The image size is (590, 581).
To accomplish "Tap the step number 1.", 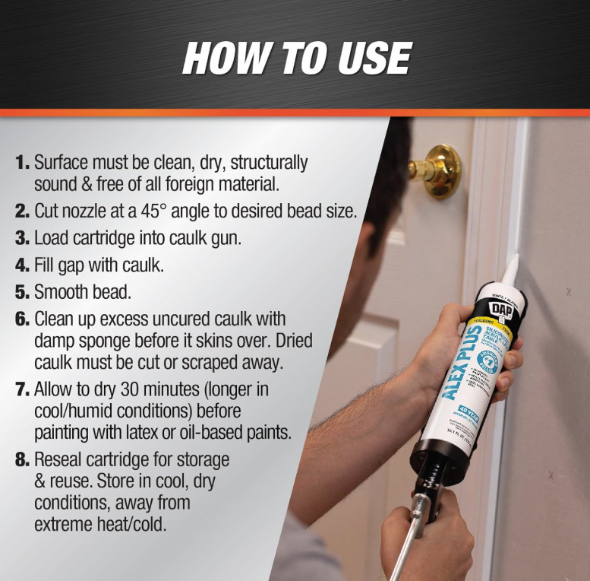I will (22, 162).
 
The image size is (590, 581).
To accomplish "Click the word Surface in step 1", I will (62, 162).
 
